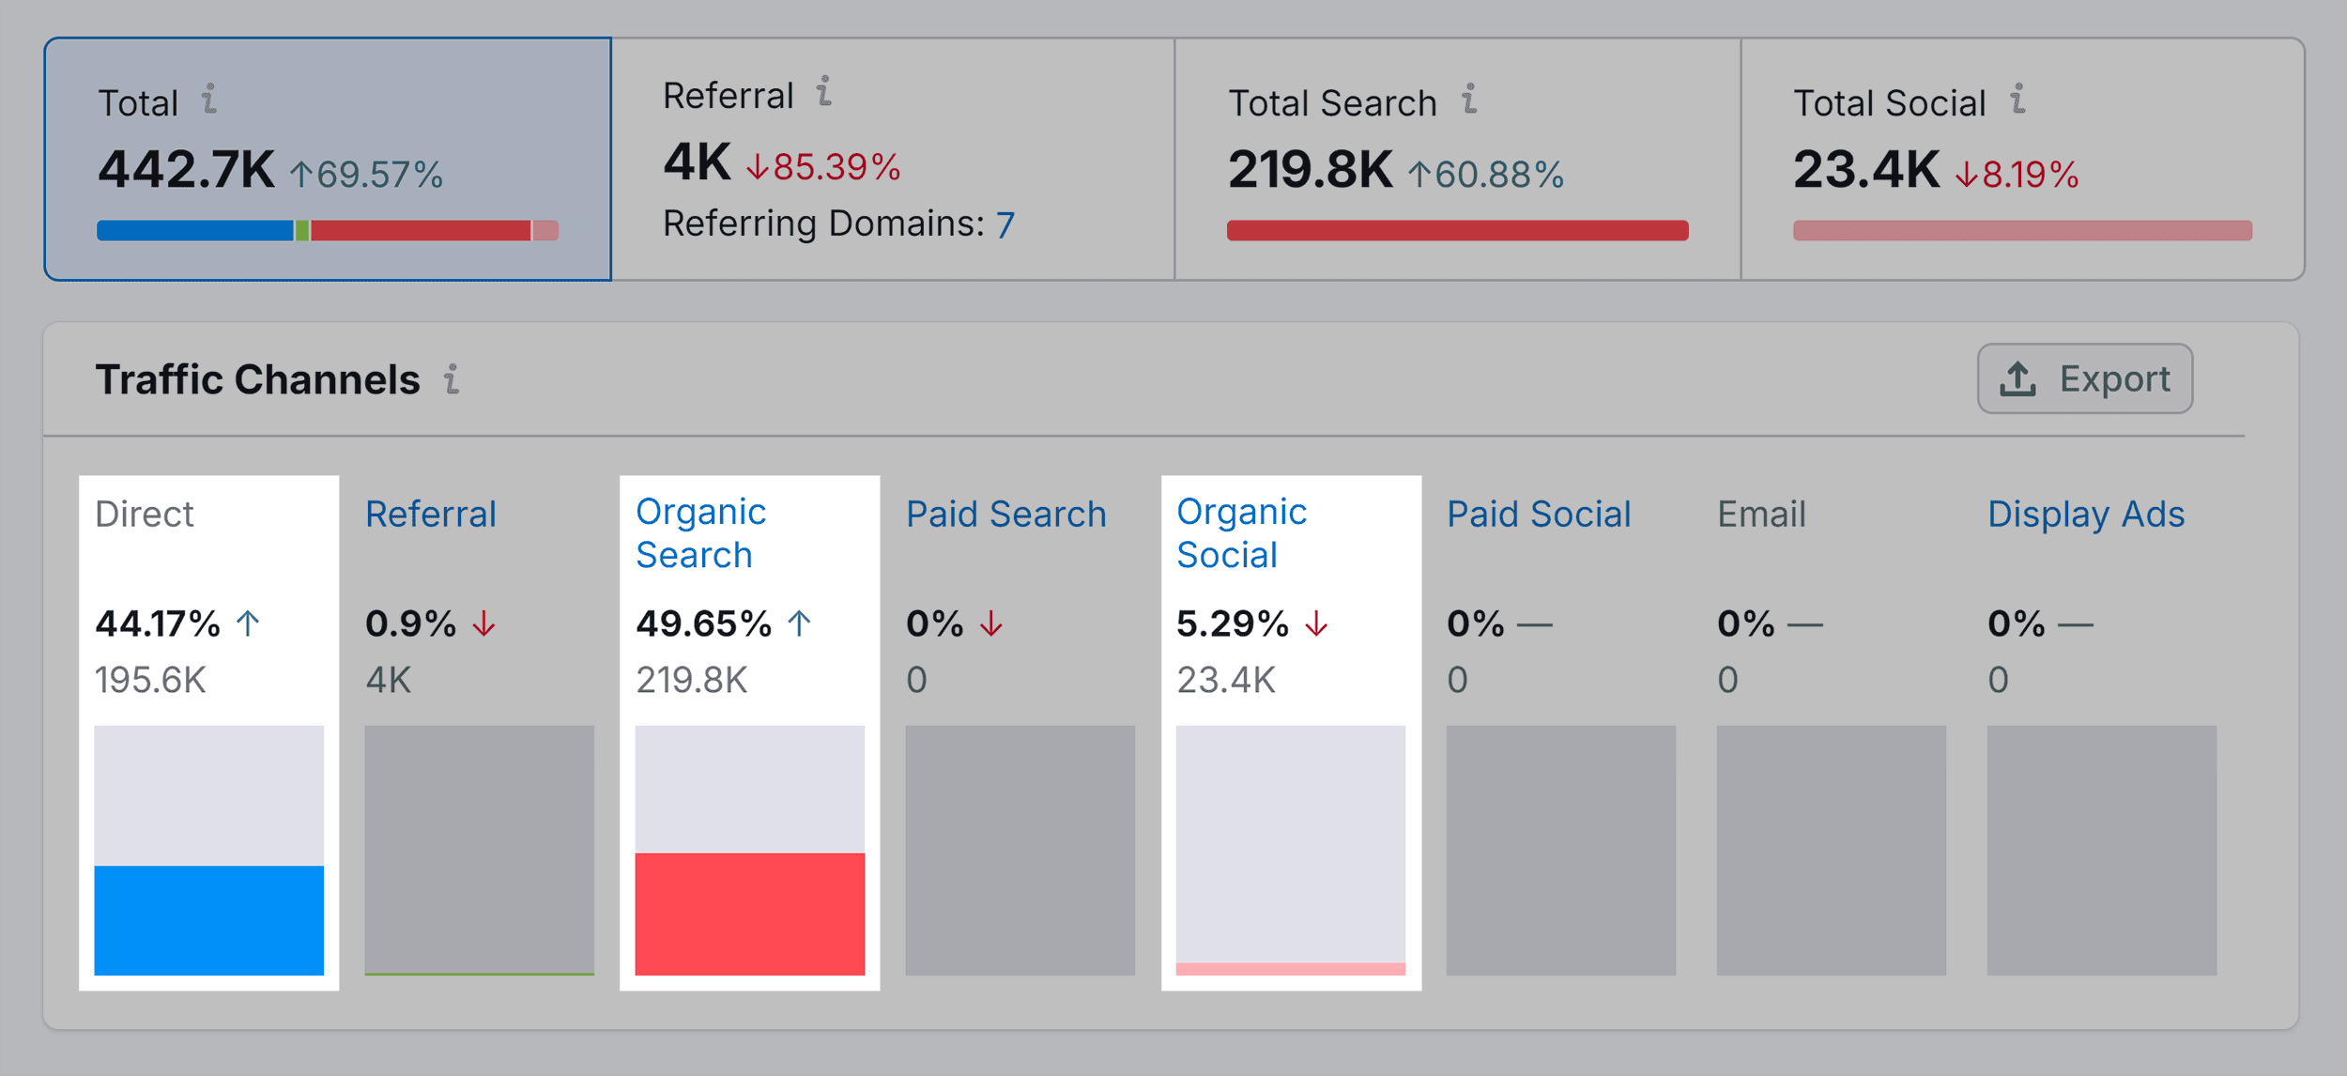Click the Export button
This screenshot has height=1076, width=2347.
click(2084, 378)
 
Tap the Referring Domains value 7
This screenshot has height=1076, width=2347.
click(1005, 225)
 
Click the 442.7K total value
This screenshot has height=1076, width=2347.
click(186, 170)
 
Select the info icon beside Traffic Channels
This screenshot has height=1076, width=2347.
click(452, 379)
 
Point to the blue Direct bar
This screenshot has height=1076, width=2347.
click(208, 919)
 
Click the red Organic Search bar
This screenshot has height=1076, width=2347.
click(749, 913)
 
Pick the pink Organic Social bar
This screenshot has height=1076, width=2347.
click(1290, 968)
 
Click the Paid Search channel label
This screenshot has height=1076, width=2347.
click(1005, 515)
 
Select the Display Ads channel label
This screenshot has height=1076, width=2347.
click(2085, 515)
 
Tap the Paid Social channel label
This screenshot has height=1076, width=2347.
click(1538, 515)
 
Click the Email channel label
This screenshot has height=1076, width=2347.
click(1761, 515)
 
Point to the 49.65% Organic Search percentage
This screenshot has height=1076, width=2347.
click(703, 623)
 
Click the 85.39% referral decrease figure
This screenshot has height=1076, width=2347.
click(836, 167)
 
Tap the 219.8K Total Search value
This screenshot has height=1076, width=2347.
click(1310, 170)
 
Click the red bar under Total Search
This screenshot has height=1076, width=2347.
click(1457, 230)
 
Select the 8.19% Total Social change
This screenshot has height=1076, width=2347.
click(2029, 175)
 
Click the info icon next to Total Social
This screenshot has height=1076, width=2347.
click(2017, 99)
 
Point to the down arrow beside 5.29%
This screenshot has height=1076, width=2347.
click(1316, 623)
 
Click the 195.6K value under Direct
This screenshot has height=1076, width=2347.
click(150, 680)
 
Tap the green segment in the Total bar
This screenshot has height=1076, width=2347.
click(302, 230)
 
